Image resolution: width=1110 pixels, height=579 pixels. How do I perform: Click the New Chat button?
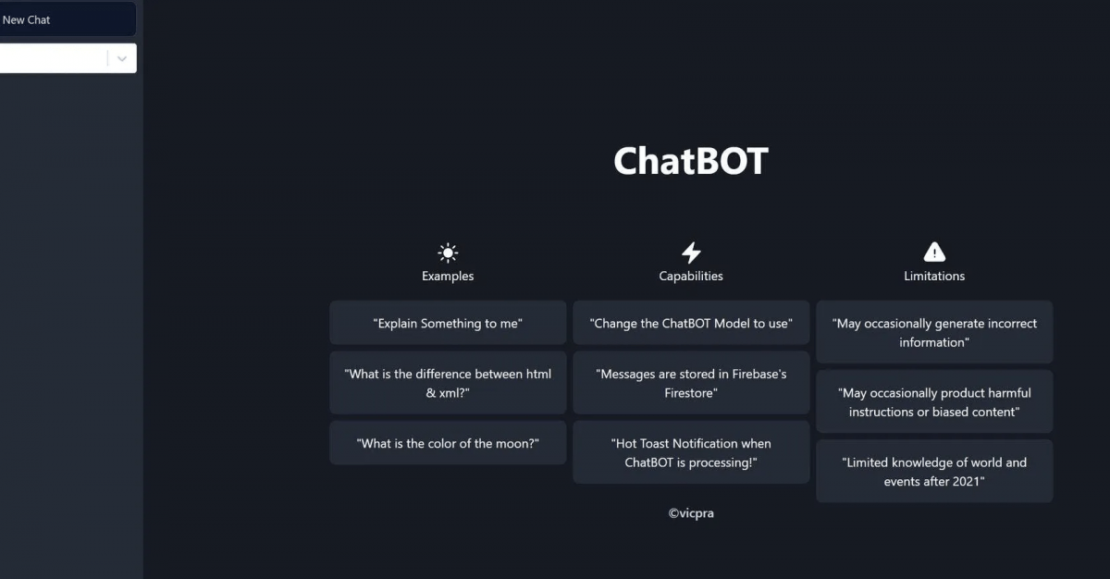[x=55, y=19]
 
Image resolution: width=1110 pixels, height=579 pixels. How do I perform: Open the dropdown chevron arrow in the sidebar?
[x=122, y=58]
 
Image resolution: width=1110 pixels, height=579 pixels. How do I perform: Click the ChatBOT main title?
[x=690, y=161]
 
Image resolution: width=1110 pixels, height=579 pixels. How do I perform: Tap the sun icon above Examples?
[x=448, y=253]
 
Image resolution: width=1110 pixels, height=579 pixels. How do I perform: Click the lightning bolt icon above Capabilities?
[x=691, y=253]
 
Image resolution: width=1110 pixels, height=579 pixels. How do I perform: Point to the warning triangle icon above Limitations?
[x=934, y=252]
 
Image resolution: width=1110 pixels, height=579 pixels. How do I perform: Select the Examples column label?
[x=448, y=276]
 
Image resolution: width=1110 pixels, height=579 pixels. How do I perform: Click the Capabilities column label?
[x=691, y=276]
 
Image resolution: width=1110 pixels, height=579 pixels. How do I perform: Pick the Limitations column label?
[x=934, y=276]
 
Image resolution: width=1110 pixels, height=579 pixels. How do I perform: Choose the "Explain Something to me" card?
[x=448, y=323]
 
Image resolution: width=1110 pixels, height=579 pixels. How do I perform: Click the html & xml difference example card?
[x=448, y=383]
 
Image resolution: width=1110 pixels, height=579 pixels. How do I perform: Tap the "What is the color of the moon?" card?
[x=448, y=443]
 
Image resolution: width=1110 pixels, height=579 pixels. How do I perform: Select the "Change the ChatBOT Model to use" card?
[x=691, y=323]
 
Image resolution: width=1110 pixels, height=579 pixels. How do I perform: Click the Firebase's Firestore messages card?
[x=691, y=383]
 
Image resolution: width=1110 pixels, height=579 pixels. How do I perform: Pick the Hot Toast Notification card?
[x=691, y=452]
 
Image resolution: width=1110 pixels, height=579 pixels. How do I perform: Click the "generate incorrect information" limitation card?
[x=934, y=332]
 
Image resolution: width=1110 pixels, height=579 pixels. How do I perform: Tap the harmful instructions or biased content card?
[x=934, y=401]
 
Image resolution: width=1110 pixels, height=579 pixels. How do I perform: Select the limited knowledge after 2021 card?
[x=934, y=471]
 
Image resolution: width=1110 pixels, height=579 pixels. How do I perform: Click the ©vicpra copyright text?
[x=691, y=512]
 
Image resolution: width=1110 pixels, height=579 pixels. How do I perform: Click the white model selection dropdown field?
[x=51, y=58]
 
